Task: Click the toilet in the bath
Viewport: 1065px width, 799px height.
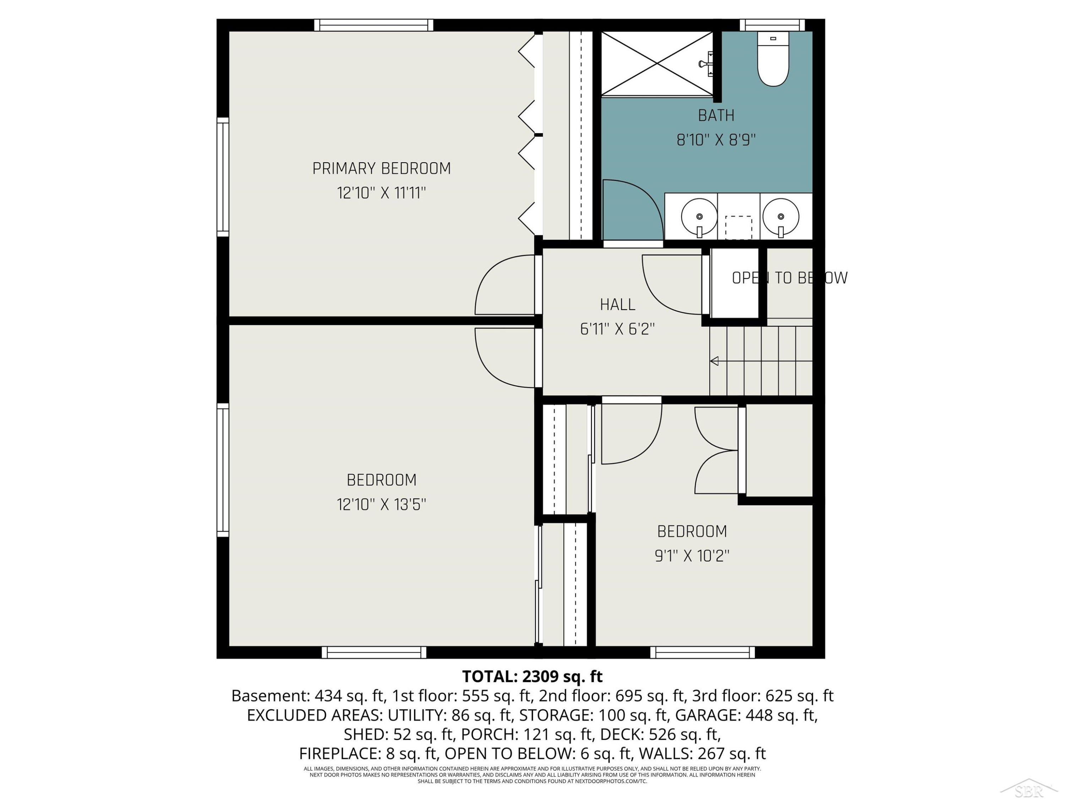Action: pyautogui.click(x=773, y=58)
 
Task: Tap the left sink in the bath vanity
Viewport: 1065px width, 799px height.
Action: pyautogui.click(x=699, y=218)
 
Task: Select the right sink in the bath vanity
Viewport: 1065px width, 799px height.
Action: pyautogui.click(x=780, y=218)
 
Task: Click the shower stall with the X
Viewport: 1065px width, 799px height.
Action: pyautogui.click(x=657, y=64)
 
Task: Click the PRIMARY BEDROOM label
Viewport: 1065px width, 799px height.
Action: pyautogui.click(x=381, y=169)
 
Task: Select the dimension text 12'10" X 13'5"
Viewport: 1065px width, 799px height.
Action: pyautogui.click(x=381, y=504)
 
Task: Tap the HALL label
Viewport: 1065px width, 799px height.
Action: pyautogui.click(x=617, y=304)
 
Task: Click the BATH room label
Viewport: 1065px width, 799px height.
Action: pyautogui.click(x=716, y=115)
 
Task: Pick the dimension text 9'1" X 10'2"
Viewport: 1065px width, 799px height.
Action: pyautogui.click(x=692, y=556)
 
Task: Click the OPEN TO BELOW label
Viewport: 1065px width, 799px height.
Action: pyautogui.click(x=790, y=278)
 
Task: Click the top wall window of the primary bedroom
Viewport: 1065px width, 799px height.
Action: pyautogui.click(x=373, y=25)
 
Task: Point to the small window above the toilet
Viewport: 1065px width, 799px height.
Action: pyautogui.click(x=772, y=25)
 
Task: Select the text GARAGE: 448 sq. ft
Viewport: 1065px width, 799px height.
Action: pyautogui.click(x=746, y=715)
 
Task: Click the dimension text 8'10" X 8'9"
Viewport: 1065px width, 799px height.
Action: pyautogui.click(x=716, y=140)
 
